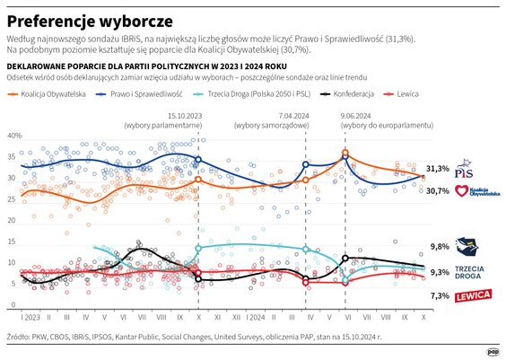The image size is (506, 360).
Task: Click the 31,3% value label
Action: (437, 168)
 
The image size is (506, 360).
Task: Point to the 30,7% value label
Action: (437, 190)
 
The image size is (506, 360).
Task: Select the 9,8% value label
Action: (439, 246)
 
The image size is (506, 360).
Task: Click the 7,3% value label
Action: (439, 295)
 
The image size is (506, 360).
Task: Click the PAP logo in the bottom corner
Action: (492, 350)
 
